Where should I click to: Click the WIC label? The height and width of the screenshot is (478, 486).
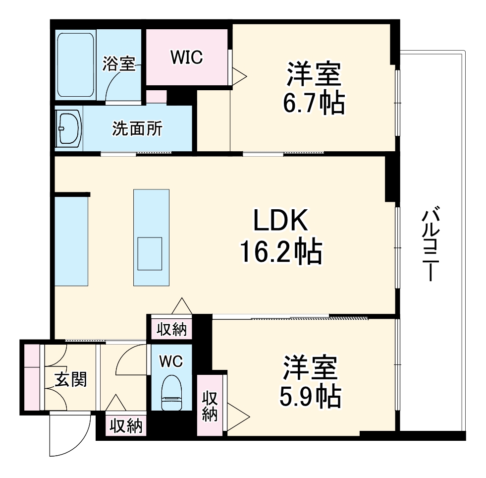click(x=187, y=58)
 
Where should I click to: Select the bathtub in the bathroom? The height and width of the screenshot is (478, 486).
click(x=75, y=65)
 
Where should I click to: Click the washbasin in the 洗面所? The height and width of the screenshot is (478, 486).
click(x=69, y=128)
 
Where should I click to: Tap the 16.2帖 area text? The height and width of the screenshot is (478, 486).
click(x=281, y=252)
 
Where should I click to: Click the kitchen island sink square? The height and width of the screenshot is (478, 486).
click(x=150, y=253)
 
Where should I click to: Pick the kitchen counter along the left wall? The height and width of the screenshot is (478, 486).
click(x=71, y=241)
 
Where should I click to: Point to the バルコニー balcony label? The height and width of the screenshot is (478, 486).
click(x=430, y=245)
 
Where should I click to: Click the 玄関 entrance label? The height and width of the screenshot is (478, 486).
click(x=71, y=380)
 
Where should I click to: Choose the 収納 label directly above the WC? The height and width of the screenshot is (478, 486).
click(x=172, y=329)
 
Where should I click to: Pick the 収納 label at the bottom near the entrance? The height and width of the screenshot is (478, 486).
click(x=126, y=425)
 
